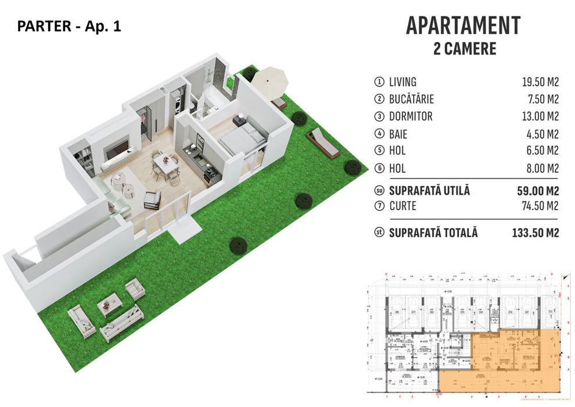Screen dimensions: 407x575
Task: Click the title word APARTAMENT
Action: point(463,26)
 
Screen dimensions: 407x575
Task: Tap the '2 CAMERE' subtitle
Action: point(465,49)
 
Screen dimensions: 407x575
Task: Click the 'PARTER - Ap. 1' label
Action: point(70,26)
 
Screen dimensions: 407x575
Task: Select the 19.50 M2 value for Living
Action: point(540,82)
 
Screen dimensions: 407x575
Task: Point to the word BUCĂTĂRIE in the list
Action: point(412,99)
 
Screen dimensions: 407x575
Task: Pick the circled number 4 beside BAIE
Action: point(380,134)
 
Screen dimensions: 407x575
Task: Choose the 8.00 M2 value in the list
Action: point(542,168)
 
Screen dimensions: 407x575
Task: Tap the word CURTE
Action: point(404,206)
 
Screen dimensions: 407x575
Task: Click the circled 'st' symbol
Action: point(380,233)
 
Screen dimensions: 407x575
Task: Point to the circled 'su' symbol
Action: point(380,190)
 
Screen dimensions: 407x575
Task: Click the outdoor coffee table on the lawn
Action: point(109,302)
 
